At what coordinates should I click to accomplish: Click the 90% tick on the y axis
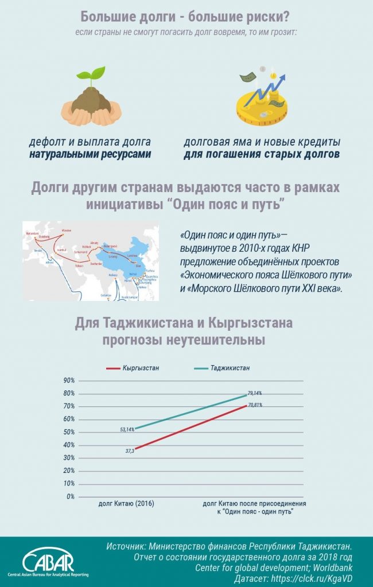[69, 380]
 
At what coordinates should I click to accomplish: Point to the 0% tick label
[71, 496]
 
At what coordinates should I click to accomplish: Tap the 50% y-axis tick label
[69, 432]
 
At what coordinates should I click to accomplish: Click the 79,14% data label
[255, 393]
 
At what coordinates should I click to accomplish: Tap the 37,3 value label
[130, 451]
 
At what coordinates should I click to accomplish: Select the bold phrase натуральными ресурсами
[91, 154]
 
